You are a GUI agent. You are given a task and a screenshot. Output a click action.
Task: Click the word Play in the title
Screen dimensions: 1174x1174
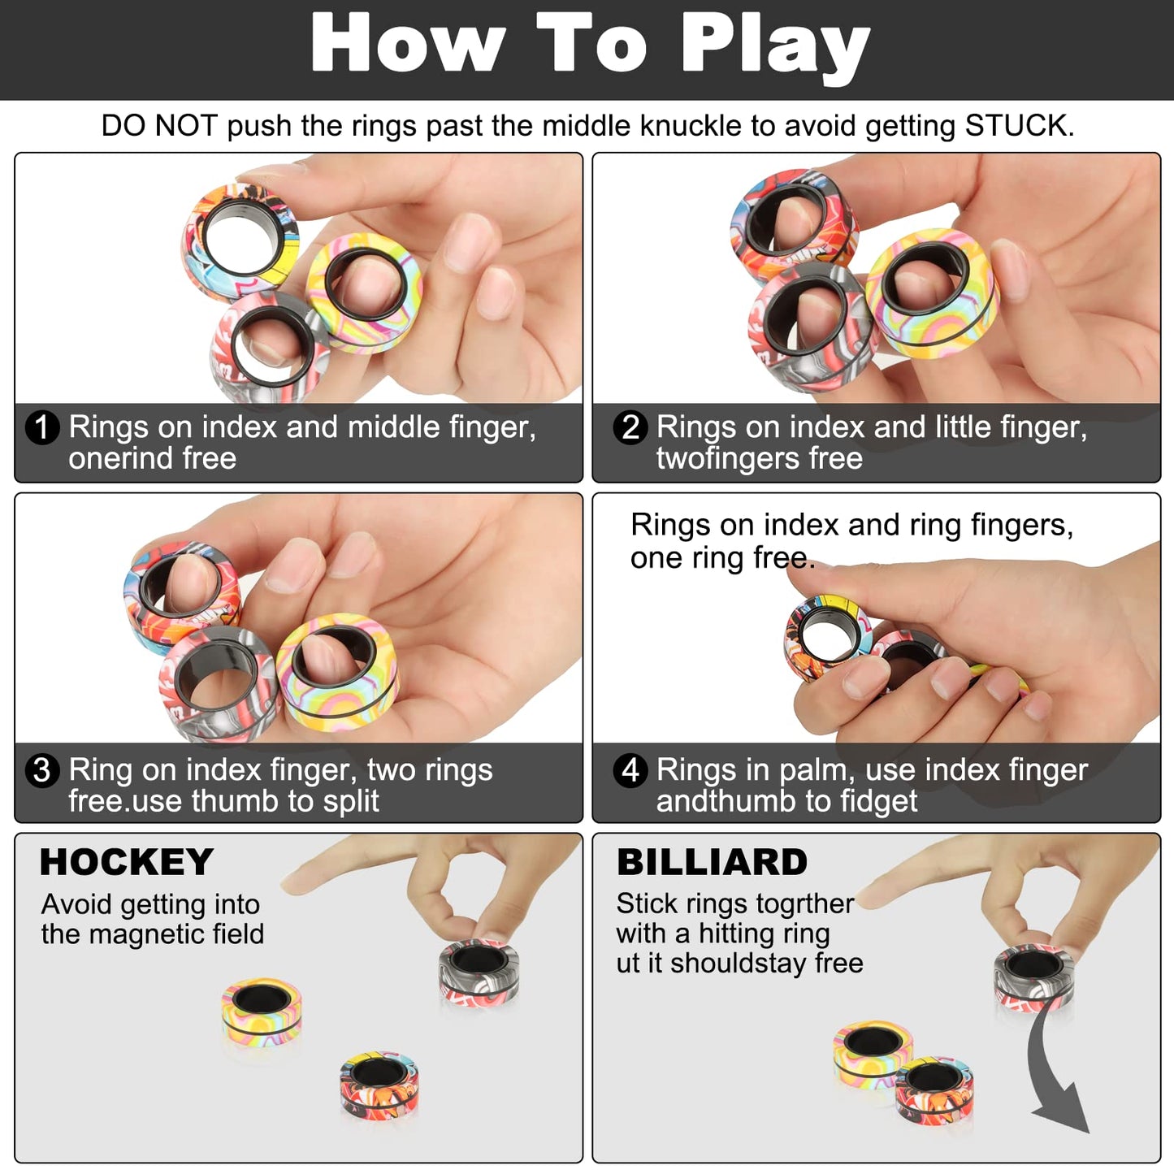(x=776, y=45)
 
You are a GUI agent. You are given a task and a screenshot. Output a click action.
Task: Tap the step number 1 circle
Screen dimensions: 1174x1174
(x=42, y=427)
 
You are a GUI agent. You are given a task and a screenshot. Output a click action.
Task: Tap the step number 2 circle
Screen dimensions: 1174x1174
(x=630, y=427)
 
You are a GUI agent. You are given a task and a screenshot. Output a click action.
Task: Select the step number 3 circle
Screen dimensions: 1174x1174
(x=42, y=770)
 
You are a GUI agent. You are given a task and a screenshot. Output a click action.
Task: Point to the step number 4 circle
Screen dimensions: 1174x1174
(x=630, y=770)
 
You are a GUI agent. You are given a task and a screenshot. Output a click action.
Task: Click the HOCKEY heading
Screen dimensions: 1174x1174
(x=127, y=862)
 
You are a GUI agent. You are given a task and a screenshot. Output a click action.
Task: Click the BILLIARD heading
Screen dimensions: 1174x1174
(x=712, y=862)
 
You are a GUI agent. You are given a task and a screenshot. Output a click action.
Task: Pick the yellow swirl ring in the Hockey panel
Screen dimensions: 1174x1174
(x=262, y=1012)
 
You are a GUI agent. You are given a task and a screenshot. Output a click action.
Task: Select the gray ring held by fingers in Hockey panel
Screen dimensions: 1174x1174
(x=479, y=973)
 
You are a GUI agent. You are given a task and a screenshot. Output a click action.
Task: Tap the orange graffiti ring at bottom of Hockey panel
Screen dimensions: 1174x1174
(x=379, y=1084)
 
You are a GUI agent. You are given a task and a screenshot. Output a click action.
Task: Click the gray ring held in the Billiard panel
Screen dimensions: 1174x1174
(x=1033, y=977)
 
